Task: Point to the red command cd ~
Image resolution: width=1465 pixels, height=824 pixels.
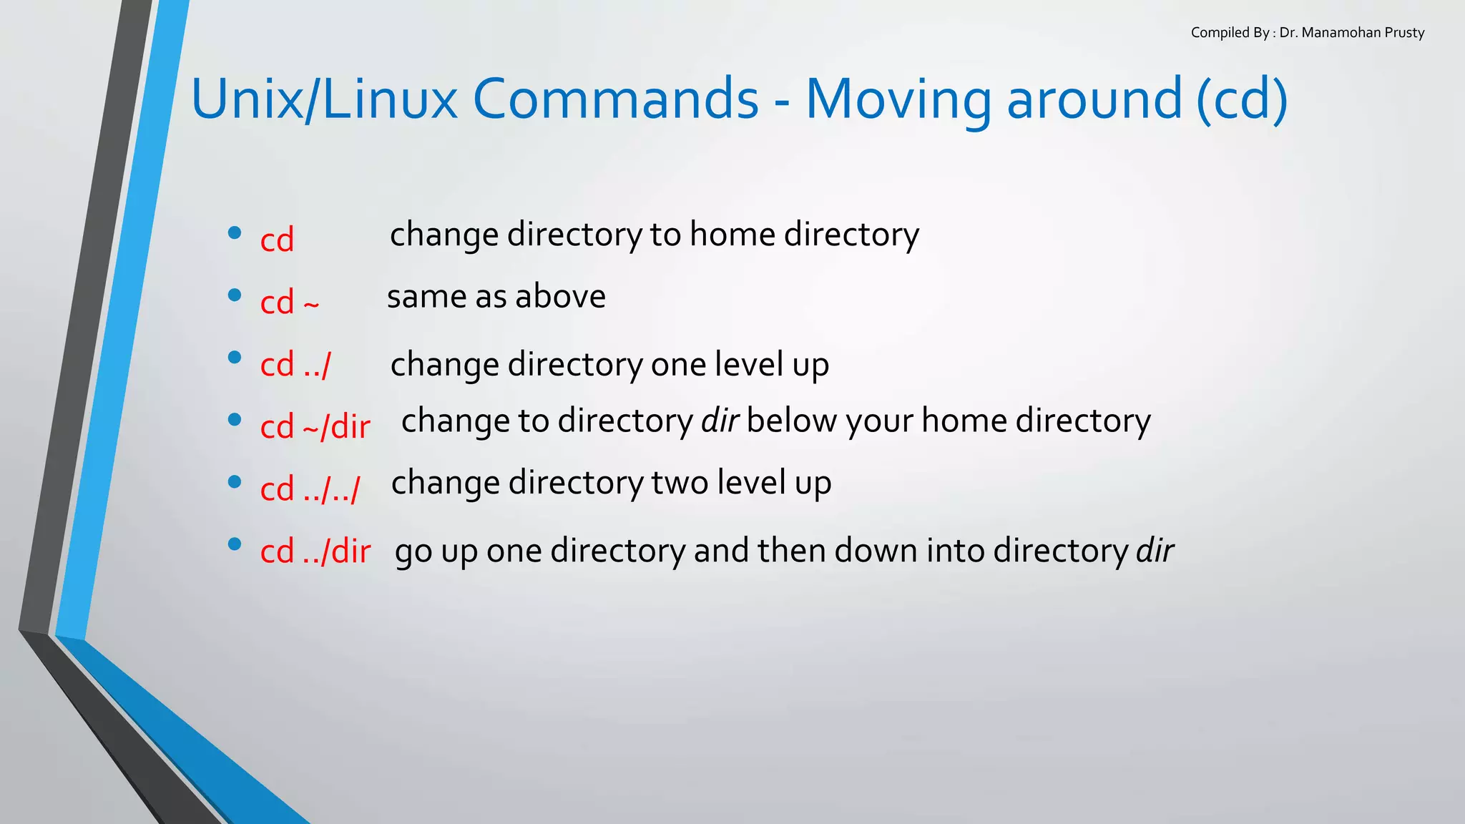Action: point(289,302)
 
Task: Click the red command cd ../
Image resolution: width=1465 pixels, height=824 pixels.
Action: point(295,365)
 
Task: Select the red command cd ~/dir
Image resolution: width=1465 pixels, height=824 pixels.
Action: point(315,427)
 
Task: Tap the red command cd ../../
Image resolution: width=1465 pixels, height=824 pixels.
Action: point(310,489)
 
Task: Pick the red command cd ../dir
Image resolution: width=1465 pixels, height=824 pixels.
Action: point(315,551)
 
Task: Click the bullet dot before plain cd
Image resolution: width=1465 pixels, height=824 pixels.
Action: point(234,232)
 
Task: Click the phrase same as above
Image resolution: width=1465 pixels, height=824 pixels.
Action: point(496,296)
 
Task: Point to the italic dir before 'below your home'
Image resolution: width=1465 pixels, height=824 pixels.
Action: point(719,421)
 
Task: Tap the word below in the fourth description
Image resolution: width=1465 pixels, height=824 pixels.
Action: point(791,421)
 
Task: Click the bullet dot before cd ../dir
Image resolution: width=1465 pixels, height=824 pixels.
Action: point(234,544)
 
